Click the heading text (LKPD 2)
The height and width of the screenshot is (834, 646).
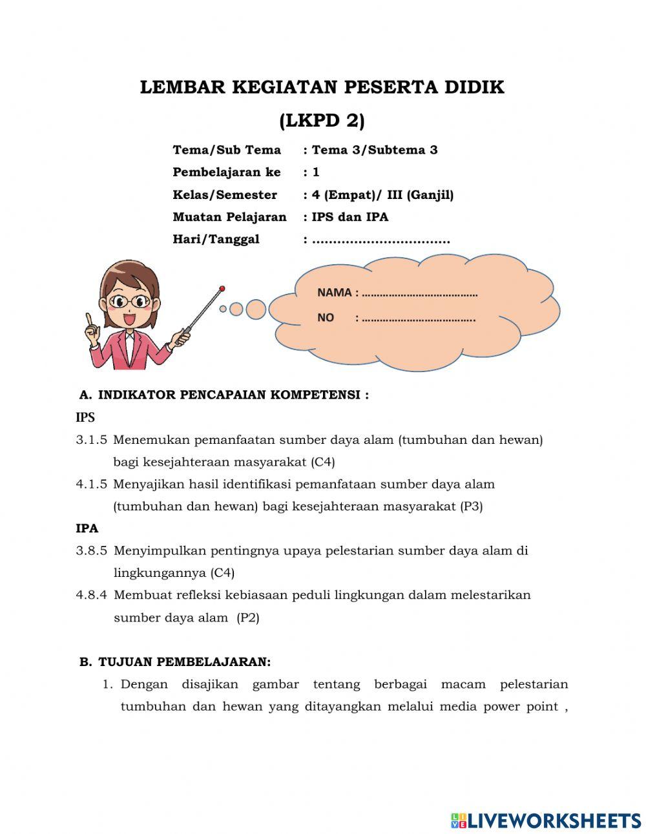[322, 120]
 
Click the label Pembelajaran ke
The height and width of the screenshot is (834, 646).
[226, 172]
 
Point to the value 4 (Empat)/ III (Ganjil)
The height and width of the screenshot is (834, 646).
[382, 194]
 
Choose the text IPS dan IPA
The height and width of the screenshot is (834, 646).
[350, 217]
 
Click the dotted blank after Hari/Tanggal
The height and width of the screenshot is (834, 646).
[380, 240]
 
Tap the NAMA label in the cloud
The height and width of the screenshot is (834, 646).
[334, 293]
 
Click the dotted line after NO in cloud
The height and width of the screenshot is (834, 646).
[419, 318]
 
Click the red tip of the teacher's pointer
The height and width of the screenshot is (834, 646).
[222, 288]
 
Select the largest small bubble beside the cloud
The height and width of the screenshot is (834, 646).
[256, 309]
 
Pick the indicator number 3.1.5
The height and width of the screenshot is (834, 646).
[91, 440]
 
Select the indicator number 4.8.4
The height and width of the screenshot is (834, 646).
[91, 595]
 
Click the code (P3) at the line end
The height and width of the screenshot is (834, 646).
[472, 506]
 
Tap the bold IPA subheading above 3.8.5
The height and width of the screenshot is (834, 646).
[87, 528]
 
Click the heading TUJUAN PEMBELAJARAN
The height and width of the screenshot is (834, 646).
[184, 662]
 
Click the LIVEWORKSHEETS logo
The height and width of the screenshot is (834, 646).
[546, 820]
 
